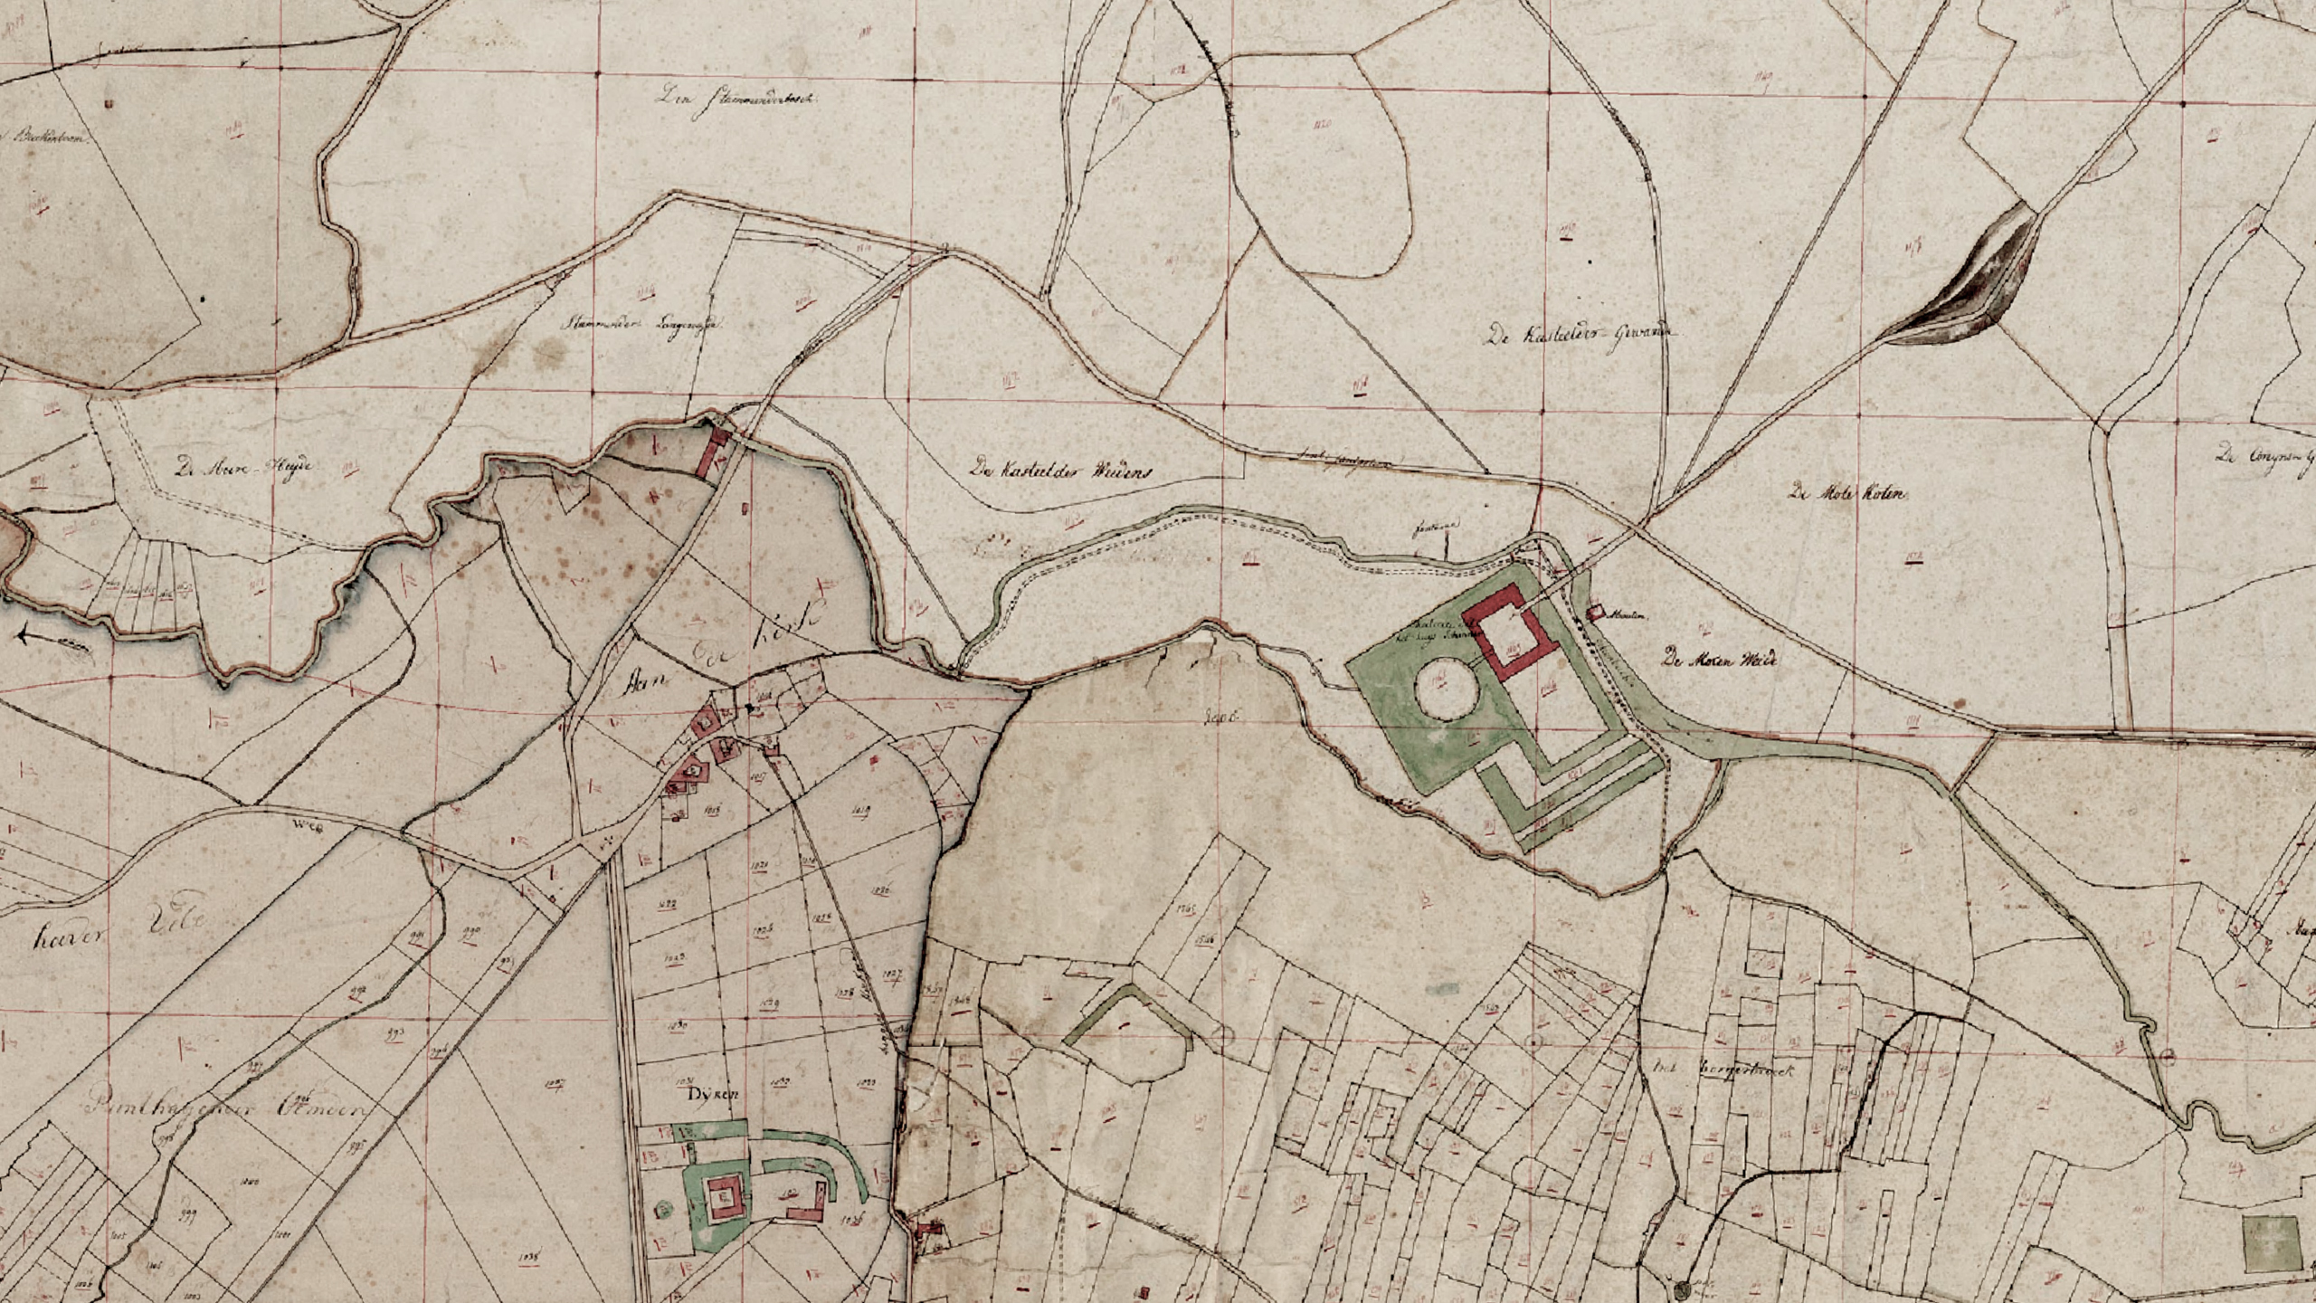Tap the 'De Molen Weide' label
pyautogui.click(x=1719, y=659)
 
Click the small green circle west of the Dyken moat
pyautogui.click(x=665, y=1208)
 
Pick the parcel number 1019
pyautogui.click(x=861, y=809)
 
